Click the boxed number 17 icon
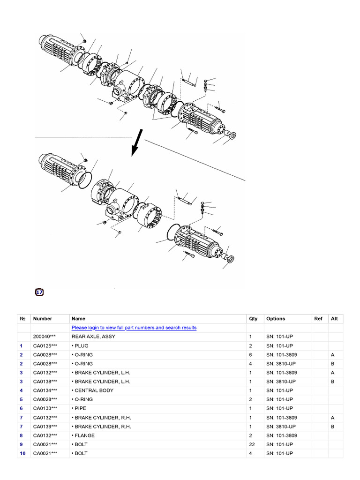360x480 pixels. click(39, 292)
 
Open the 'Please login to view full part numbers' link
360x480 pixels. click(134, 328)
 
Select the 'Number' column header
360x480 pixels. click(43, 319)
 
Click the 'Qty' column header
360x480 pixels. click(253, 319)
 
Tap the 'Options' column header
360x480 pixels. click(276, 319)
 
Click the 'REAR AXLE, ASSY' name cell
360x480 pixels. click(93, 337)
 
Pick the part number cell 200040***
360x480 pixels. click(45, 337)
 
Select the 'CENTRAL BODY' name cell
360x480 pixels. click(92, 390)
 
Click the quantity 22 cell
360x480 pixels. click(253, 444)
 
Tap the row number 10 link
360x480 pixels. click(22, 453)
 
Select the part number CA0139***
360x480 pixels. click(45, 427)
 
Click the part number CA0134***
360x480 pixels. click(45, 390)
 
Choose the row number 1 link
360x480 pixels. click(22, 345)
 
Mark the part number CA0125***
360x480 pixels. click(45, 345)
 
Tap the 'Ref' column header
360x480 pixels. click(318, 319)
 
